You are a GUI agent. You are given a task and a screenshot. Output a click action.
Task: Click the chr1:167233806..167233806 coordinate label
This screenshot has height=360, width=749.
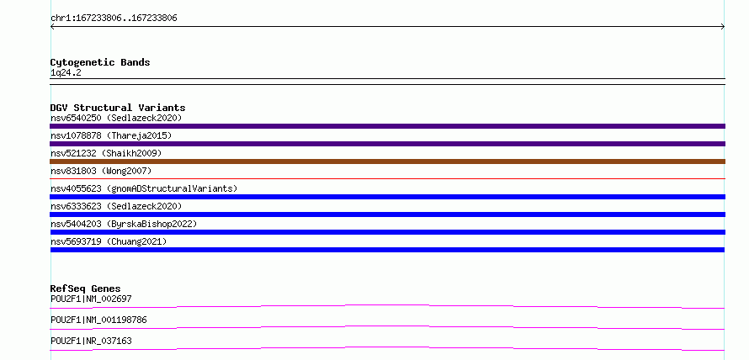point(114,19)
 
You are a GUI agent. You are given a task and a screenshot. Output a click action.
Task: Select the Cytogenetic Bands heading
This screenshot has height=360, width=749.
point(100,62)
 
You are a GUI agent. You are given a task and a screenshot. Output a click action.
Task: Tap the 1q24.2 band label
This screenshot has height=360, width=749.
point(66,72)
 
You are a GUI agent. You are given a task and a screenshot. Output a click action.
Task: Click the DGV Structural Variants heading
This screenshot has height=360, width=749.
point(118,108)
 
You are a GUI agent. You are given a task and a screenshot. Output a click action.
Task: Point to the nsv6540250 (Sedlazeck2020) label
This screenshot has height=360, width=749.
point(116,118)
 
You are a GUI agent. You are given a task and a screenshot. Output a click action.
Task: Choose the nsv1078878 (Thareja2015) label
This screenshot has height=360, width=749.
point(111,135)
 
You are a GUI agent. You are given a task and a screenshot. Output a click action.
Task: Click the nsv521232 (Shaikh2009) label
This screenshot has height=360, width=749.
point(106,153)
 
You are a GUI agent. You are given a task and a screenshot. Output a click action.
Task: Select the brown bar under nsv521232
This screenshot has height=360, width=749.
point(387,161)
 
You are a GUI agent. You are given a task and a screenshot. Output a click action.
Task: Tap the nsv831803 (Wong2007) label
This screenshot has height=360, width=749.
point(101,171)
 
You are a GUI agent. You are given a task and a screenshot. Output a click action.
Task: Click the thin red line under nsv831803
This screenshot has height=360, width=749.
point(387,178)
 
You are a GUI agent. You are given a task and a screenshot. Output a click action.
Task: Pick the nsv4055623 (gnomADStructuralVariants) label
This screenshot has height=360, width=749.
point(144,188)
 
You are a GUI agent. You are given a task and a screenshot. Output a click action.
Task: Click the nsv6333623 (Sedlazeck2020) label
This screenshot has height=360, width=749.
point(116,206)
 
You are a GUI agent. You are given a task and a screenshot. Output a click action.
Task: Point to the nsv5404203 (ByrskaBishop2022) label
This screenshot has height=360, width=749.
point(124,224)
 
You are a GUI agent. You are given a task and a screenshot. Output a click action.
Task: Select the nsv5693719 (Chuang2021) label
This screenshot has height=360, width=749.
point(109,241)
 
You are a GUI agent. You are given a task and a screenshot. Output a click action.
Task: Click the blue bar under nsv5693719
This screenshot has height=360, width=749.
point(387,250)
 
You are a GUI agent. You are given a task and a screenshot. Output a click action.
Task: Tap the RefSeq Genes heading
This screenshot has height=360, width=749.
point(86,289)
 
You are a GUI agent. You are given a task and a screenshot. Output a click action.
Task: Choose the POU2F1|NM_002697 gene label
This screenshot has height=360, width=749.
point(91,299)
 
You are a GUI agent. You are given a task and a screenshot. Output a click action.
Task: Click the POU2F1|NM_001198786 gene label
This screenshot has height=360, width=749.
point(98,320)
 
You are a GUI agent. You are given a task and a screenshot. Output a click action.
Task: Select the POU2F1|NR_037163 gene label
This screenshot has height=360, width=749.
point(91,341)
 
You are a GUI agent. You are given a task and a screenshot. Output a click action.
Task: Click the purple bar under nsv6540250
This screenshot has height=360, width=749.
point(387,126)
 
